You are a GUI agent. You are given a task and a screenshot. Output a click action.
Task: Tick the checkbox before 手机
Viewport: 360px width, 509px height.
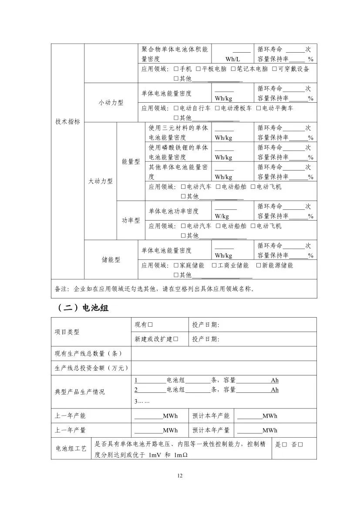click(176, 69)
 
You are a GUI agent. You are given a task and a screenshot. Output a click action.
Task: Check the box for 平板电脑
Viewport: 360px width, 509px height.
click(198, 69)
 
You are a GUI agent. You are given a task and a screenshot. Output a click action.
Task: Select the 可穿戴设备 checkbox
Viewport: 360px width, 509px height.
click(275, 69)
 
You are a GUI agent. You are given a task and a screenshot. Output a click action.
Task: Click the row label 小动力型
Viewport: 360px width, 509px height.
click(111, 103)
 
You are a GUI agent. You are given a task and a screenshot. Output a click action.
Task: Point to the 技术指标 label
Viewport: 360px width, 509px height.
click(67, 122)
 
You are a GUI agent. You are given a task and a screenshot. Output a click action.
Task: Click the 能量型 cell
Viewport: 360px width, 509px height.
click(131, 161)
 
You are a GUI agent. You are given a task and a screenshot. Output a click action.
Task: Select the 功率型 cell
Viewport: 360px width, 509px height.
click(131, 220)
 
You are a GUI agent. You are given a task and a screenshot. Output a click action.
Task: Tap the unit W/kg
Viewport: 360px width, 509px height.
click(222, 216)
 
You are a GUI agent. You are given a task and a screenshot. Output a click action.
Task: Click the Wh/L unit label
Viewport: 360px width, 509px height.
click(232, 59)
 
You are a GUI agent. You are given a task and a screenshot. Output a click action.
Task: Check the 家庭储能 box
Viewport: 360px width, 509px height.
click(176, 265)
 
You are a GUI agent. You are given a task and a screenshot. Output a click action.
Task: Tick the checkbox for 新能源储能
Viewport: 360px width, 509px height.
click(258, 265)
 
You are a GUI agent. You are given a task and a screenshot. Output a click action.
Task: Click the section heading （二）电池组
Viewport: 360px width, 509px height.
click(82, 308)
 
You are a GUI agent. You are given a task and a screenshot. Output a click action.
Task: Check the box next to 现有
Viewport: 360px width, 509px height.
click(150, 325)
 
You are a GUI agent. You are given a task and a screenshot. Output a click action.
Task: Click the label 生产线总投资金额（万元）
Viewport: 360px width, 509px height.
click(91, 368)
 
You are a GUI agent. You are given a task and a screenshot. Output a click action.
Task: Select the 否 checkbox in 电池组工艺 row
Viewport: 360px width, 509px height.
click(300, 445)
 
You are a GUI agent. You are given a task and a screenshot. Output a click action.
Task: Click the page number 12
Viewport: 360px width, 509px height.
click(180, 476)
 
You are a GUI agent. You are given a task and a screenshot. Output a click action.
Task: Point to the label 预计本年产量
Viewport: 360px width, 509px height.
click(211, 430)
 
